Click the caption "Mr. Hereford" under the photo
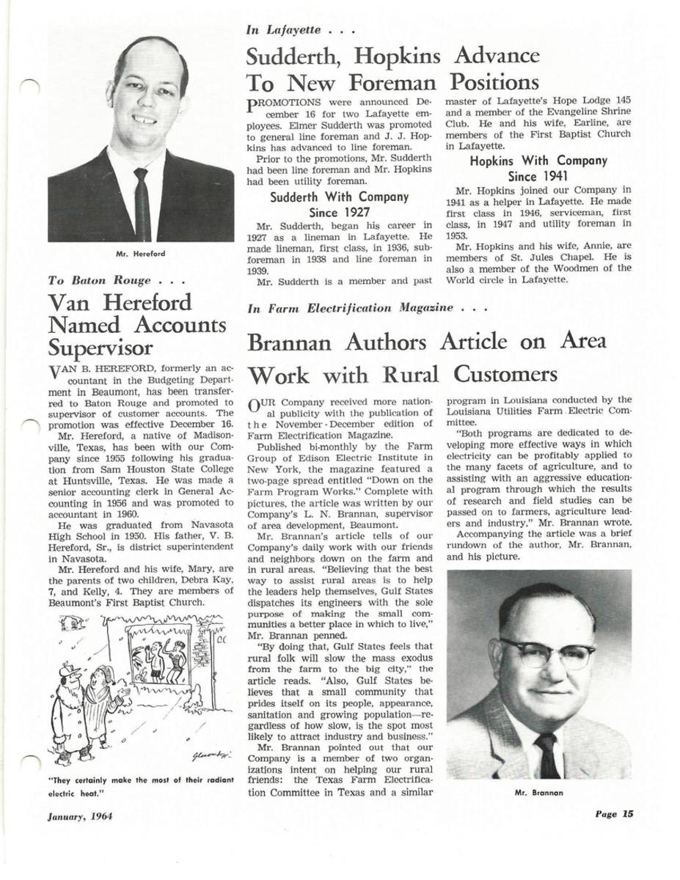click(140, 254)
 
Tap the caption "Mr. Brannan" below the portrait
click(539, 793)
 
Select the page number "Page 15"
click(613, 813)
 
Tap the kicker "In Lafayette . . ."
click(301, 30)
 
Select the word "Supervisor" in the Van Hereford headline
click(100, 348)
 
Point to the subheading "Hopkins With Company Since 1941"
click(538, 169)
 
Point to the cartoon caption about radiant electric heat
click(140, 786)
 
